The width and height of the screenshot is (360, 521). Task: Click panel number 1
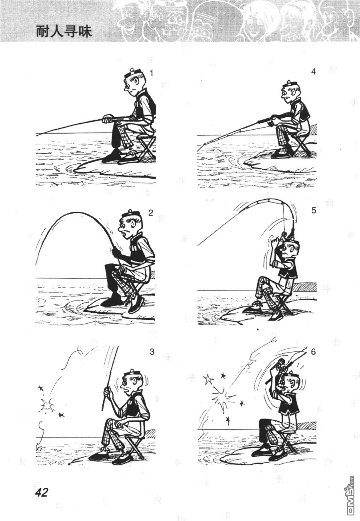(x=151, y=73)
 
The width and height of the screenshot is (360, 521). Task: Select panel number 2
(x=151, y=212)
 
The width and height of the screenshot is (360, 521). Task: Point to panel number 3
(x=152, y=352)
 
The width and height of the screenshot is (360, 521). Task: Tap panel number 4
(x=314, y=72)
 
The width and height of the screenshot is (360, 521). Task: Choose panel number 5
(x=314, y=211)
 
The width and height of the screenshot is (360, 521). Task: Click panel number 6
(x=313, y=352)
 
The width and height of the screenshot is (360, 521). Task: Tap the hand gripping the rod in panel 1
(x=108, y=119)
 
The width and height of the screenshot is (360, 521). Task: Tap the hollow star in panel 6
(x=209, y=380)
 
